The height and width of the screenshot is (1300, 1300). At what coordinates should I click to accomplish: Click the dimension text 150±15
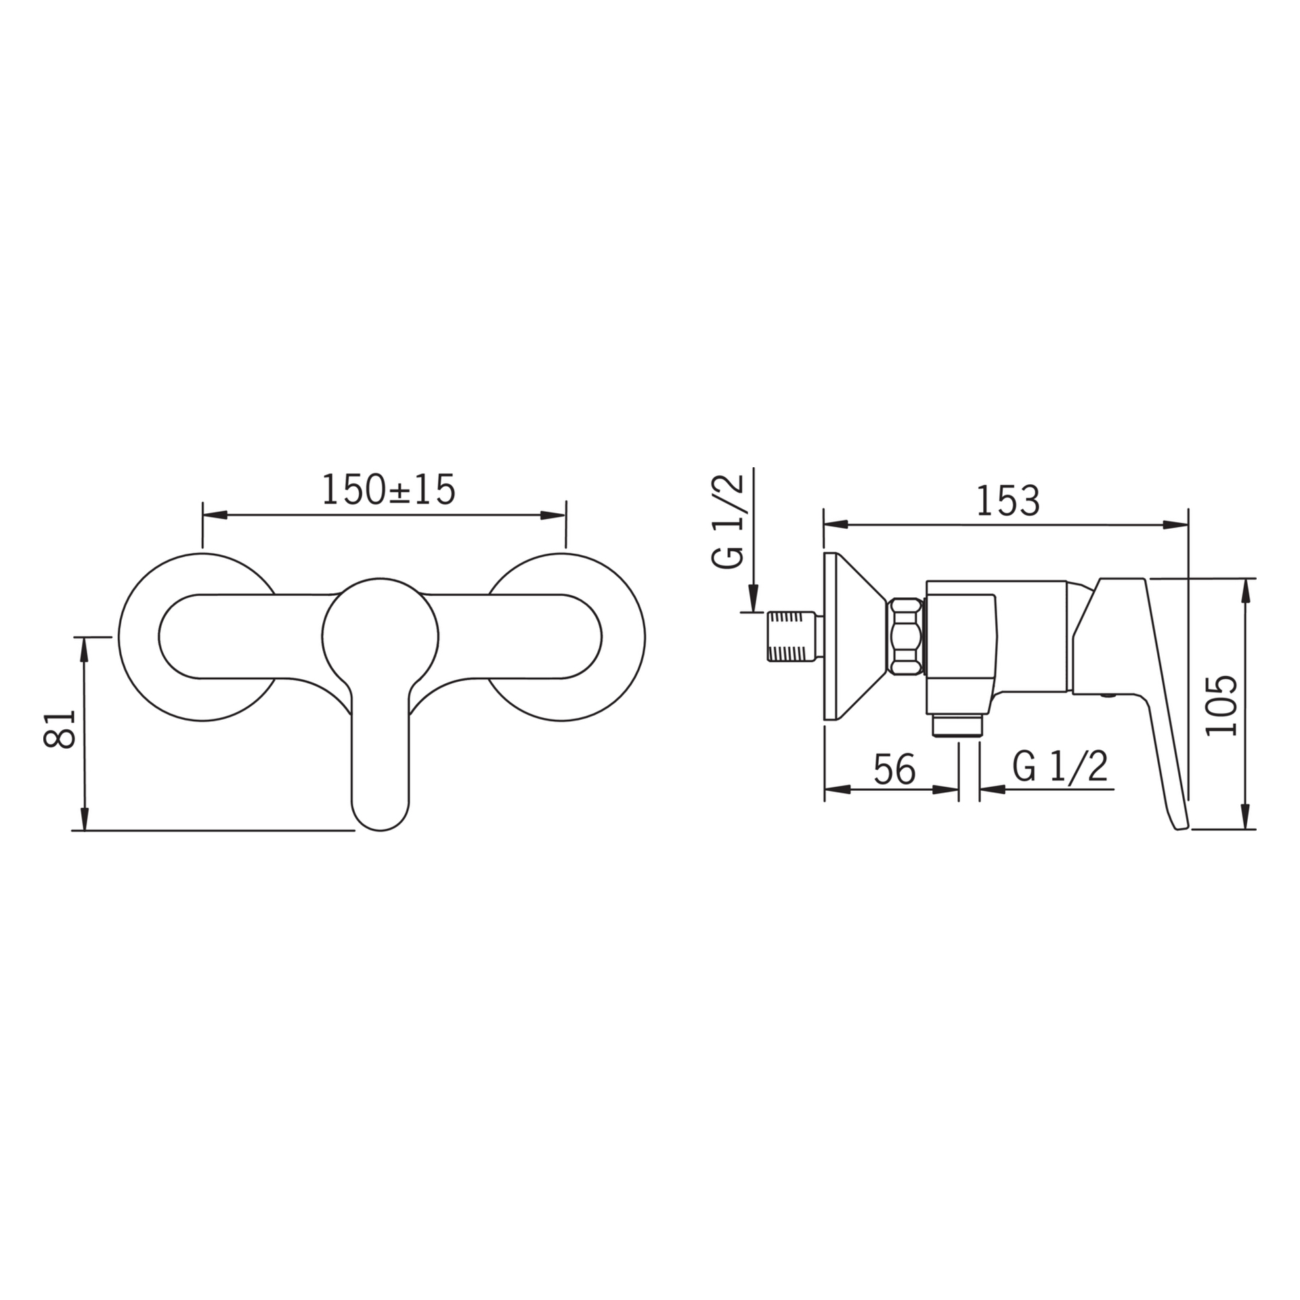(x=388, y=490)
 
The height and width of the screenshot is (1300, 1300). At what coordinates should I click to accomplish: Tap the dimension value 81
(x=58, y=729)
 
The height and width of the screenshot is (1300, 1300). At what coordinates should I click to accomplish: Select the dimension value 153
(x=1007, y=502)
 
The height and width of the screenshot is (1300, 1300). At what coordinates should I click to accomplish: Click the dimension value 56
(x=894, y=769)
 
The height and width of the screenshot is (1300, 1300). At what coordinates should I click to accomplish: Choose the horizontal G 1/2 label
(x=1060, y=767)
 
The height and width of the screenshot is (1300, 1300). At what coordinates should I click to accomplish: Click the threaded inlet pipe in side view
(x=792, y=636)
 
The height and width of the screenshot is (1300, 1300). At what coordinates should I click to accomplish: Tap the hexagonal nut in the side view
(x=907, y=636)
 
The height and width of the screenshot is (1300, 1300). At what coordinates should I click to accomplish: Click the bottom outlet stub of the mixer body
(x=957, y=724)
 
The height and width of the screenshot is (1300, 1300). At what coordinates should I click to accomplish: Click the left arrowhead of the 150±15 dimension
(x=213, y=515)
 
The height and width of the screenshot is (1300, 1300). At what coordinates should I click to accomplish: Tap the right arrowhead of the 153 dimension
(x=1176, y=524)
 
